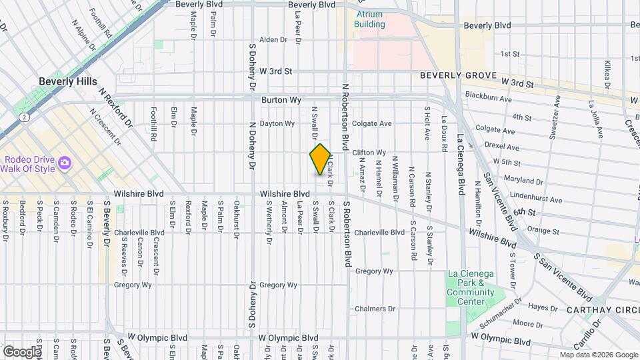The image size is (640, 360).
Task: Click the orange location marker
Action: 321,159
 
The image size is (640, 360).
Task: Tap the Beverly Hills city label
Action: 69,81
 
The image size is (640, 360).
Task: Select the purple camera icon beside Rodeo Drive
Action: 65,163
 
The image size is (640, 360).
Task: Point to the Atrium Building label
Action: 370,19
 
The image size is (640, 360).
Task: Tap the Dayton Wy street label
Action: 277,123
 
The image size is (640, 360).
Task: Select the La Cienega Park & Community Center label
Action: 471,287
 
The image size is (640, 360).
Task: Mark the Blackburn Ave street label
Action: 489,97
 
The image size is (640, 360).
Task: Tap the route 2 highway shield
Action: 25,117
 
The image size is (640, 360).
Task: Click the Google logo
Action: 21,351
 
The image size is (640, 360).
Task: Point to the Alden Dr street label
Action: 273,40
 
